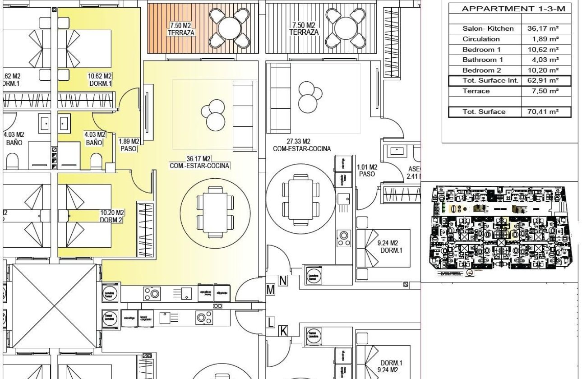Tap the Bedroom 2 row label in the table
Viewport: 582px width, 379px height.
click(x=481, y=70)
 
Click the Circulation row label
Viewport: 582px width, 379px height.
click(x=481, y=39)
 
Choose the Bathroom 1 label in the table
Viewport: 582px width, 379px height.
click(x=482, y=60)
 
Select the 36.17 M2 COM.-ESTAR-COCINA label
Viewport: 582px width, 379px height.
click(x=199, y=162)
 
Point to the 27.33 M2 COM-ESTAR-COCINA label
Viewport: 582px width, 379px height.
click(x=301, y=145)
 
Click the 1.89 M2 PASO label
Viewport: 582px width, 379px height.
click(x=129, y=145)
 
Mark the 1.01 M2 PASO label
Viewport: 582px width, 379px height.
click(x=367, y=171)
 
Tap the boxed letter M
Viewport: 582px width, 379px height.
click(x=270, y=290)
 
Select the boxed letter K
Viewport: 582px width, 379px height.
click(x=283, y=331)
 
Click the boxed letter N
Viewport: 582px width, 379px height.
click(x=283, y=281)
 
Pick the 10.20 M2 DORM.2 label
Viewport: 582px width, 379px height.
click(x=112, y=216)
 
